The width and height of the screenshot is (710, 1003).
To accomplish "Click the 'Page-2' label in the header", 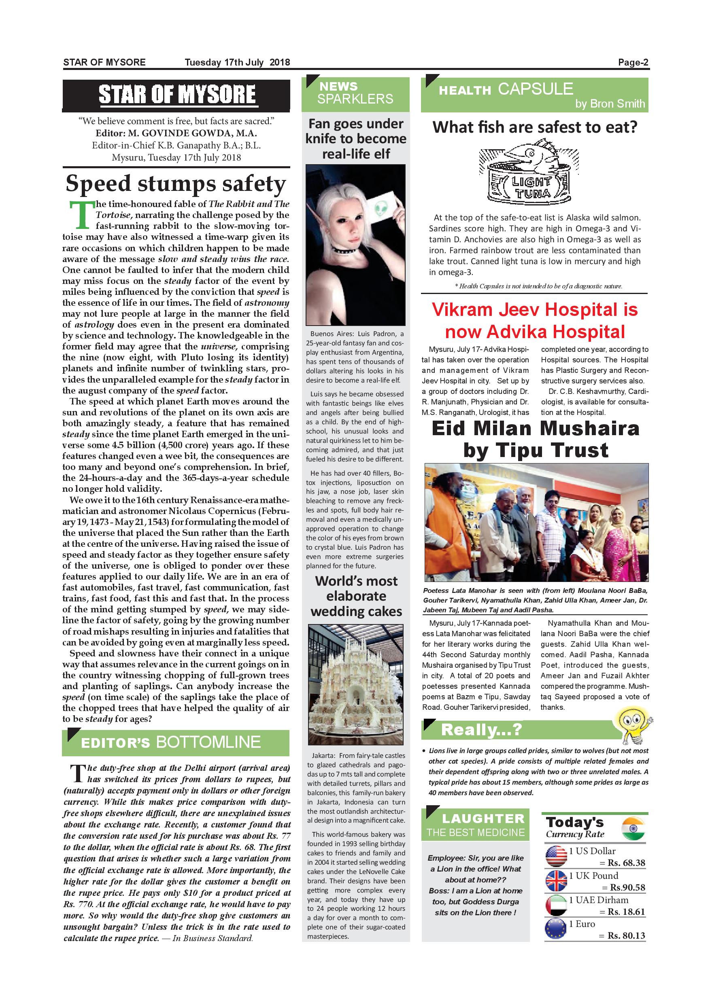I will (x=633, y=62).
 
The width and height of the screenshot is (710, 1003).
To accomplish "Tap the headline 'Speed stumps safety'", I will (x=176, y=184).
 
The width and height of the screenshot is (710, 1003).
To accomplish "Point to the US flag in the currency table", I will (x=556, y=857).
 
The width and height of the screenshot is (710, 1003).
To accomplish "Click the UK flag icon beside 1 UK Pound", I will (x=556, y=881).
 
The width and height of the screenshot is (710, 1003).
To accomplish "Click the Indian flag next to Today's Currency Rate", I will (x=633, y=829).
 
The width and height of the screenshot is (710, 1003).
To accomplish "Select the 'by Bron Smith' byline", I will (x=610, y=104).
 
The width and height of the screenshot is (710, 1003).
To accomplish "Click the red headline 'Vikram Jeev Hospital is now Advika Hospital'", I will (x=535, y=321).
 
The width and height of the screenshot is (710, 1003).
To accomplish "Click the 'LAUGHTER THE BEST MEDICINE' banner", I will (x=475, y=825).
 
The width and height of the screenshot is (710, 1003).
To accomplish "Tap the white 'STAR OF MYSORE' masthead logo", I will (x=176, y=94).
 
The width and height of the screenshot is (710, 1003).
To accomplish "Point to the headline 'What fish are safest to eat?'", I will (x=535, y=127).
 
